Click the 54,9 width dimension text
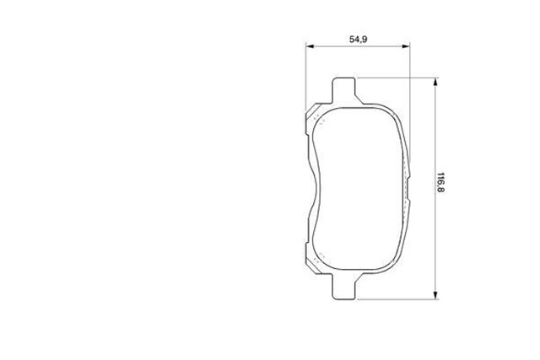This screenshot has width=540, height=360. [x=358, y=40]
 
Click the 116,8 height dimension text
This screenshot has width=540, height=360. [x=440, y=182]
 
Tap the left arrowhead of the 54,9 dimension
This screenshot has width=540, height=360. [x=310, y=46]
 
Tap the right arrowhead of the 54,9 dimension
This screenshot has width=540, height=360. [x=406, y=46]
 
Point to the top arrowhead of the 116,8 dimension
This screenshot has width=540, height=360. [x=435, y=82]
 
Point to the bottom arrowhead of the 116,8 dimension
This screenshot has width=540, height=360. [x=435, y=295]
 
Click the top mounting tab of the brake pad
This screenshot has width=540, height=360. [x=343, y=90]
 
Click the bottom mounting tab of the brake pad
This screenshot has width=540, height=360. [x=343, y=287]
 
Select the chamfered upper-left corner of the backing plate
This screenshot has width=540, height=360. [x=313, y=110]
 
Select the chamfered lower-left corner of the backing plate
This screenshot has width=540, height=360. [x=313, y=266]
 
